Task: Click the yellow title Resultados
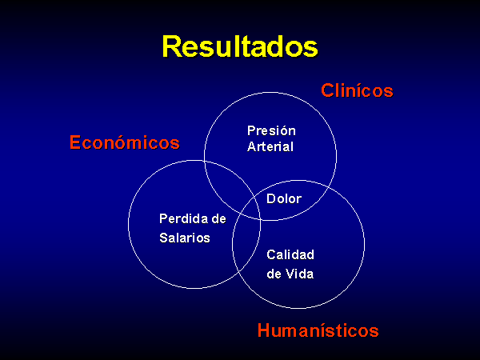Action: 240,46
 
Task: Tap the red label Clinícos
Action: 357,90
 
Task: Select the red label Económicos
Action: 125,142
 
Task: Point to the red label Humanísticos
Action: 318,330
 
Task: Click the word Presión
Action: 271,130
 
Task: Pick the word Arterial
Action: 270,146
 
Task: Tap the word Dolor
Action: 284,199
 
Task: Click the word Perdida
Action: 182,218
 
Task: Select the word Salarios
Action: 185,238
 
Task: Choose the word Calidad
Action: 290,254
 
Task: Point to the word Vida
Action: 300,274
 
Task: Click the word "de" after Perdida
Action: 218,218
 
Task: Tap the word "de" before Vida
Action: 274,274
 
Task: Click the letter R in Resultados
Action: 171,46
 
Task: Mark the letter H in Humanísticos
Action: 264,330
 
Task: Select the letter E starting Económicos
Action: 75,142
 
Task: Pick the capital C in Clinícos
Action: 327,90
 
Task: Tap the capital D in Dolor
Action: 271,199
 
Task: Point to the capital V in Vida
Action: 290,274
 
